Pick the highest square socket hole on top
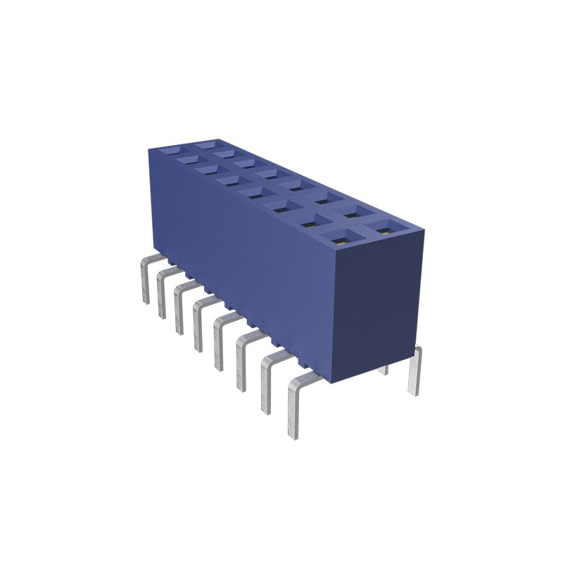207,144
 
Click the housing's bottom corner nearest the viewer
336,384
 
